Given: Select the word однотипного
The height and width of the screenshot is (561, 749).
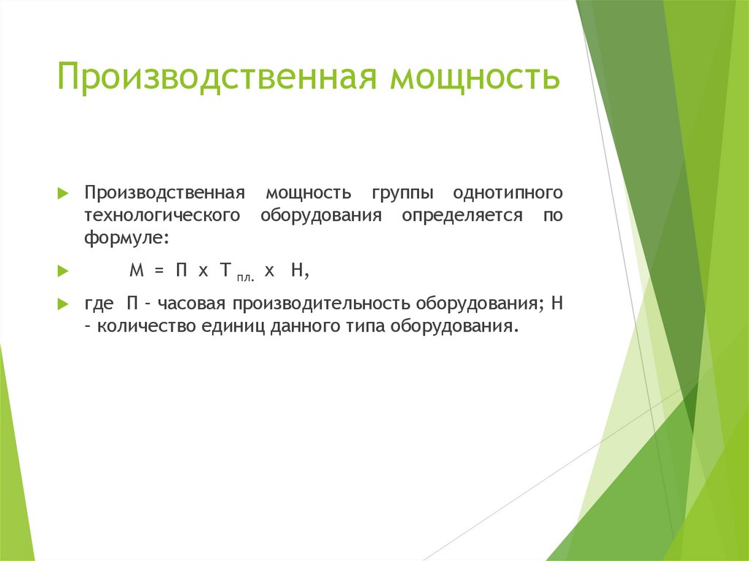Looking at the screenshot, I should [508, 194].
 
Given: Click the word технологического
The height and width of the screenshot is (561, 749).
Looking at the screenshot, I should [162, 216].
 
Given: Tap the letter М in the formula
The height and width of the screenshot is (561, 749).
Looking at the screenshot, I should [135, 271].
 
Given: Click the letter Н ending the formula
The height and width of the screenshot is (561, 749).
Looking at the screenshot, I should [297, 271].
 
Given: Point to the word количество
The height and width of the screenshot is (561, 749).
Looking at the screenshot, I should [138, 326].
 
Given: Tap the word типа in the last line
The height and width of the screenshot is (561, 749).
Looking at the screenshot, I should [363, 326].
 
